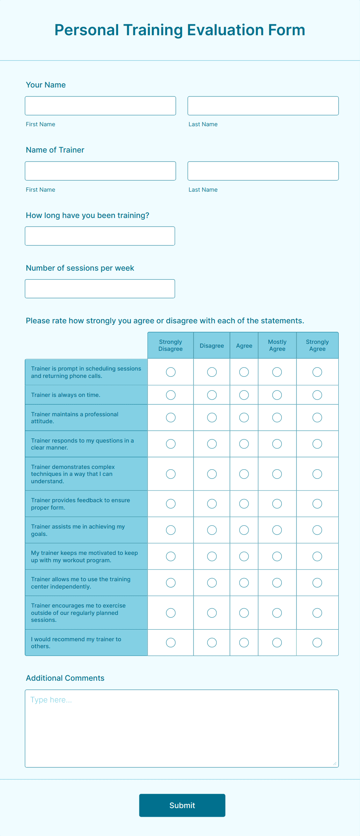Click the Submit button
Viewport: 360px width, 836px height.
click(182, 805)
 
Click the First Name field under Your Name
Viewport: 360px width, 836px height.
click(100, 106)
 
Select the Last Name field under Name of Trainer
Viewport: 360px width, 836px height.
click(263, 171)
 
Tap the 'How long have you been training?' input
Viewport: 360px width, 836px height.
click(100, 236)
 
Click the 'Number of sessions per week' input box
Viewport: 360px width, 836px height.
click(100, 288)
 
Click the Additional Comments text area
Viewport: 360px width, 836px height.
click(182, 728)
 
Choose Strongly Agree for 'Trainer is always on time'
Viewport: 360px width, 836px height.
click(317, 395)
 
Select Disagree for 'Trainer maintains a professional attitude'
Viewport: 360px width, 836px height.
click(212, 417)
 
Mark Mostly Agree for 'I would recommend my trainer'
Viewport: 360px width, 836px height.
click(277, 642)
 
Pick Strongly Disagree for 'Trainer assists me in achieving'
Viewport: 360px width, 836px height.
click(171, 530)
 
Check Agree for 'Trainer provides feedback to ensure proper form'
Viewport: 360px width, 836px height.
click(244, 504)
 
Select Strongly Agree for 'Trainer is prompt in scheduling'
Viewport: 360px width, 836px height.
click(317, 372)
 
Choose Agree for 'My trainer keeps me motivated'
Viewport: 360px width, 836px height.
click(244, 556)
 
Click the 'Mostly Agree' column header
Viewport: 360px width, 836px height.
click(277, 345)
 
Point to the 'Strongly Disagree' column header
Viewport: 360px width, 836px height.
click(170, 345)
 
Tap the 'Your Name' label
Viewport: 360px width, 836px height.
click(46, 85)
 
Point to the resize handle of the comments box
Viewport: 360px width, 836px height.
click(335, 764)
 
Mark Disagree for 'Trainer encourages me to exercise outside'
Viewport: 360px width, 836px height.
click(212, 613)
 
